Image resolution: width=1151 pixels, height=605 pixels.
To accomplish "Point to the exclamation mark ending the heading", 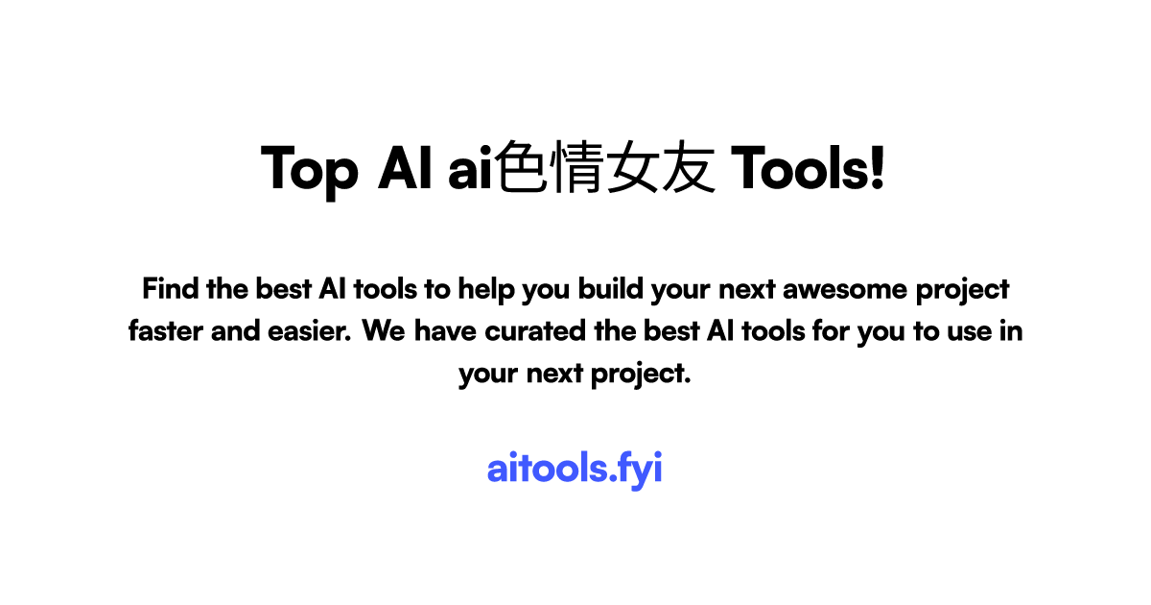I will click(x=875, y=168).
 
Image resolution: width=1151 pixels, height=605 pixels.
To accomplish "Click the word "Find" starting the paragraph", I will click(x=170, y=288).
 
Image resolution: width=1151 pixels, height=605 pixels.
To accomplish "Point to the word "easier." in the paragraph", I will click(x=308, y=331).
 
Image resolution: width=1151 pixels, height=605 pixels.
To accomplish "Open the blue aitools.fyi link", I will click(x=575, y=470).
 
